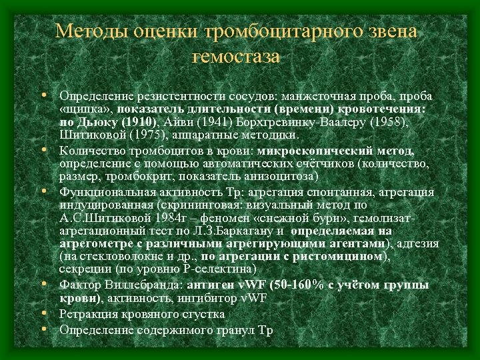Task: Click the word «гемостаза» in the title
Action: point(236,57)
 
